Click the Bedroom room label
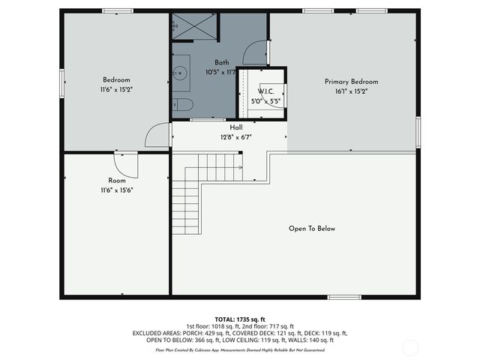tap(116, 80)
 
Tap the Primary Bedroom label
tap(351, 82)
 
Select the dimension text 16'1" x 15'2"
tap(351, 91)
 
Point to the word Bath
tap(221, 62)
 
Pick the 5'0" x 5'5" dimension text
tap(265, 100)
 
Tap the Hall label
tap(235, 127)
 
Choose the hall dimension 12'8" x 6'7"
tap(235, 137)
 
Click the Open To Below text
tap(312, 229)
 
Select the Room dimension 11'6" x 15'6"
tap(116, 190)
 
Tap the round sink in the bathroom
tap(180, 74)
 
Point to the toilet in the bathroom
tap(183, 104)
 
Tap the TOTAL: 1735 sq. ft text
tap(239, 319)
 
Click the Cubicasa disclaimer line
tap(239, 350)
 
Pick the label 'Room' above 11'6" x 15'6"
tap(116, 181)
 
